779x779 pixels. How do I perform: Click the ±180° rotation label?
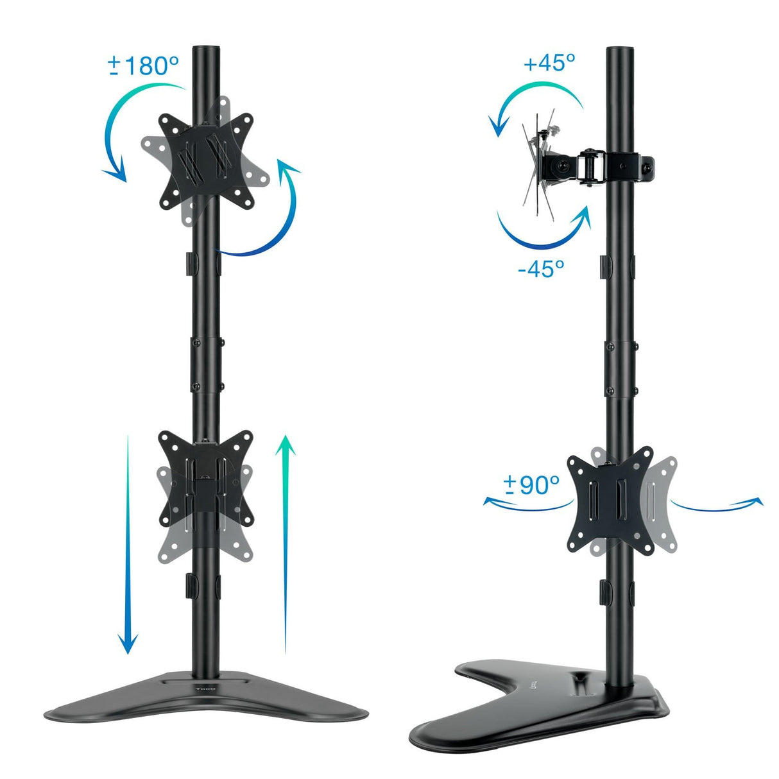143,65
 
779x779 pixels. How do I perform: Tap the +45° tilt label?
549,63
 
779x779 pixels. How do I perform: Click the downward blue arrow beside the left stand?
128,545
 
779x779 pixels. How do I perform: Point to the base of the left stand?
205,696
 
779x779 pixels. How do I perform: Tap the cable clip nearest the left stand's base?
190,584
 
